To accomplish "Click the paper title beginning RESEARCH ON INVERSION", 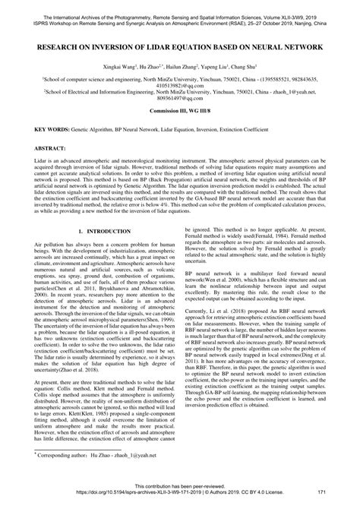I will click(x=180, y=46).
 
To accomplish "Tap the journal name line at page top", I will click(x=180, y=5).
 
